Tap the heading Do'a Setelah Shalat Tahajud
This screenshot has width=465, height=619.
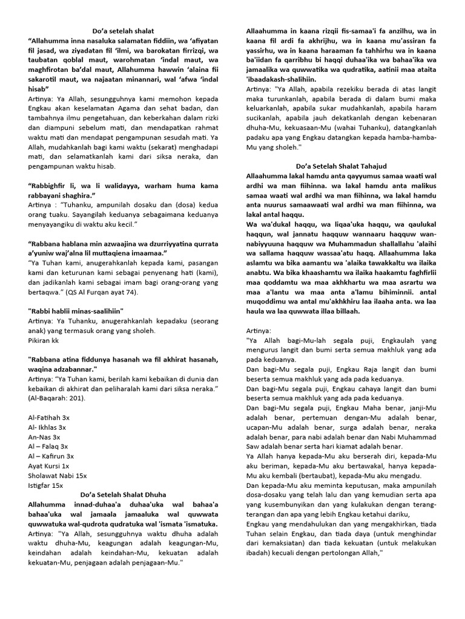point(346,166)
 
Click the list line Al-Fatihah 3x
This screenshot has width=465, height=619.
point(49,418)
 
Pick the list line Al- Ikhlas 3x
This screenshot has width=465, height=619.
point(48,427)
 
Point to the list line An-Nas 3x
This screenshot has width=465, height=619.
point(44,437)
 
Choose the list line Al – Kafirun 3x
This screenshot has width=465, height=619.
point(51,456)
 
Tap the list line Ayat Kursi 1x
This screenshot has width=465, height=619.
point(49,466)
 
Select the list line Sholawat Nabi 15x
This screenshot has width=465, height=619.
point(58,476)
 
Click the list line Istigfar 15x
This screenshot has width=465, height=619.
point(46,485)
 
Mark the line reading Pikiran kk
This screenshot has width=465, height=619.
point(44,341)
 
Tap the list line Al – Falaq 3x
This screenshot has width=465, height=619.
point(48,447)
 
